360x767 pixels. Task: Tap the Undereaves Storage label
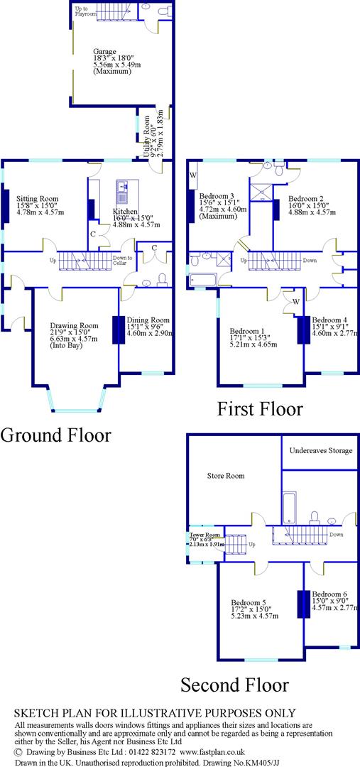[x=320, y=451]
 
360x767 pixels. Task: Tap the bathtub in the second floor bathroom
[x=289, y=509]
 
